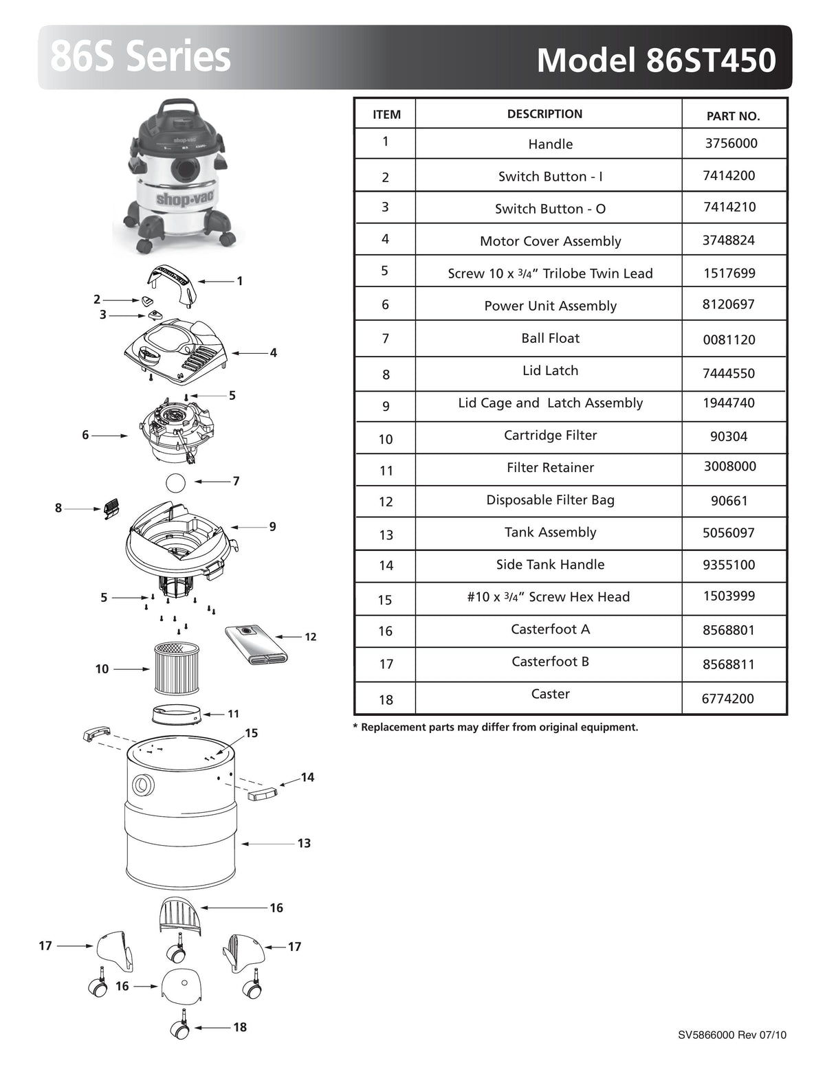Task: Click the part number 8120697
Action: tap(728, 304)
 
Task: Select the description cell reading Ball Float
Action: tap(550, 338)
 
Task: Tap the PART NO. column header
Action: tap(733, 116)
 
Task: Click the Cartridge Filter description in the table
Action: tap(550, 435)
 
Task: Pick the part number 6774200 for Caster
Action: tap(728, 699)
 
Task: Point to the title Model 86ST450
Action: tap(656, 60)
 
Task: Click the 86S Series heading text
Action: tap(140, 57)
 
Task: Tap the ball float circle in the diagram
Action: tap(176, 482)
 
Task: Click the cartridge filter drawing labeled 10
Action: tap(175, 666)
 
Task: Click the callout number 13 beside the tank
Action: tap(304, 843)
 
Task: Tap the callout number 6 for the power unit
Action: tap(85, 435)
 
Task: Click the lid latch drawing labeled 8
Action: tap(110, 509)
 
